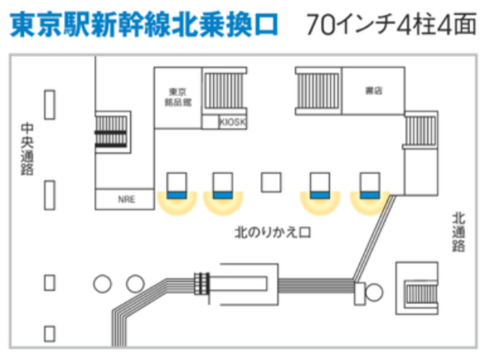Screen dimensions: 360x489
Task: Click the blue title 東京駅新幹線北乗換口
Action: tap(143, 25)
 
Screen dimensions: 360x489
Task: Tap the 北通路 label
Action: tap(458, 231)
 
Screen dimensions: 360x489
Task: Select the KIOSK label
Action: tap(233, 122)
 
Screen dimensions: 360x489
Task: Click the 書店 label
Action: tap(373, 91)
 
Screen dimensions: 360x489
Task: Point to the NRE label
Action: tap(126, 199)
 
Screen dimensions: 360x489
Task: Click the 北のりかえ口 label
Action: tap(271, 233)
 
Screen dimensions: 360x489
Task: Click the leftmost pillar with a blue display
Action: tap(176, 185)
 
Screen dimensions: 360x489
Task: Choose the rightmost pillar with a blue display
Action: tap(369, 185)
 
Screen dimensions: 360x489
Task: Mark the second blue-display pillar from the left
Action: tap(223, 185)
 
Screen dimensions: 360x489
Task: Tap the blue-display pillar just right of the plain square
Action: tap(319, 185)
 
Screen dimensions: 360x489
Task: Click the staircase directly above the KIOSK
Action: tap(225, 94)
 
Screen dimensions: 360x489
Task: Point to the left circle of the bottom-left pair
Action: tap(101, 283)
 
